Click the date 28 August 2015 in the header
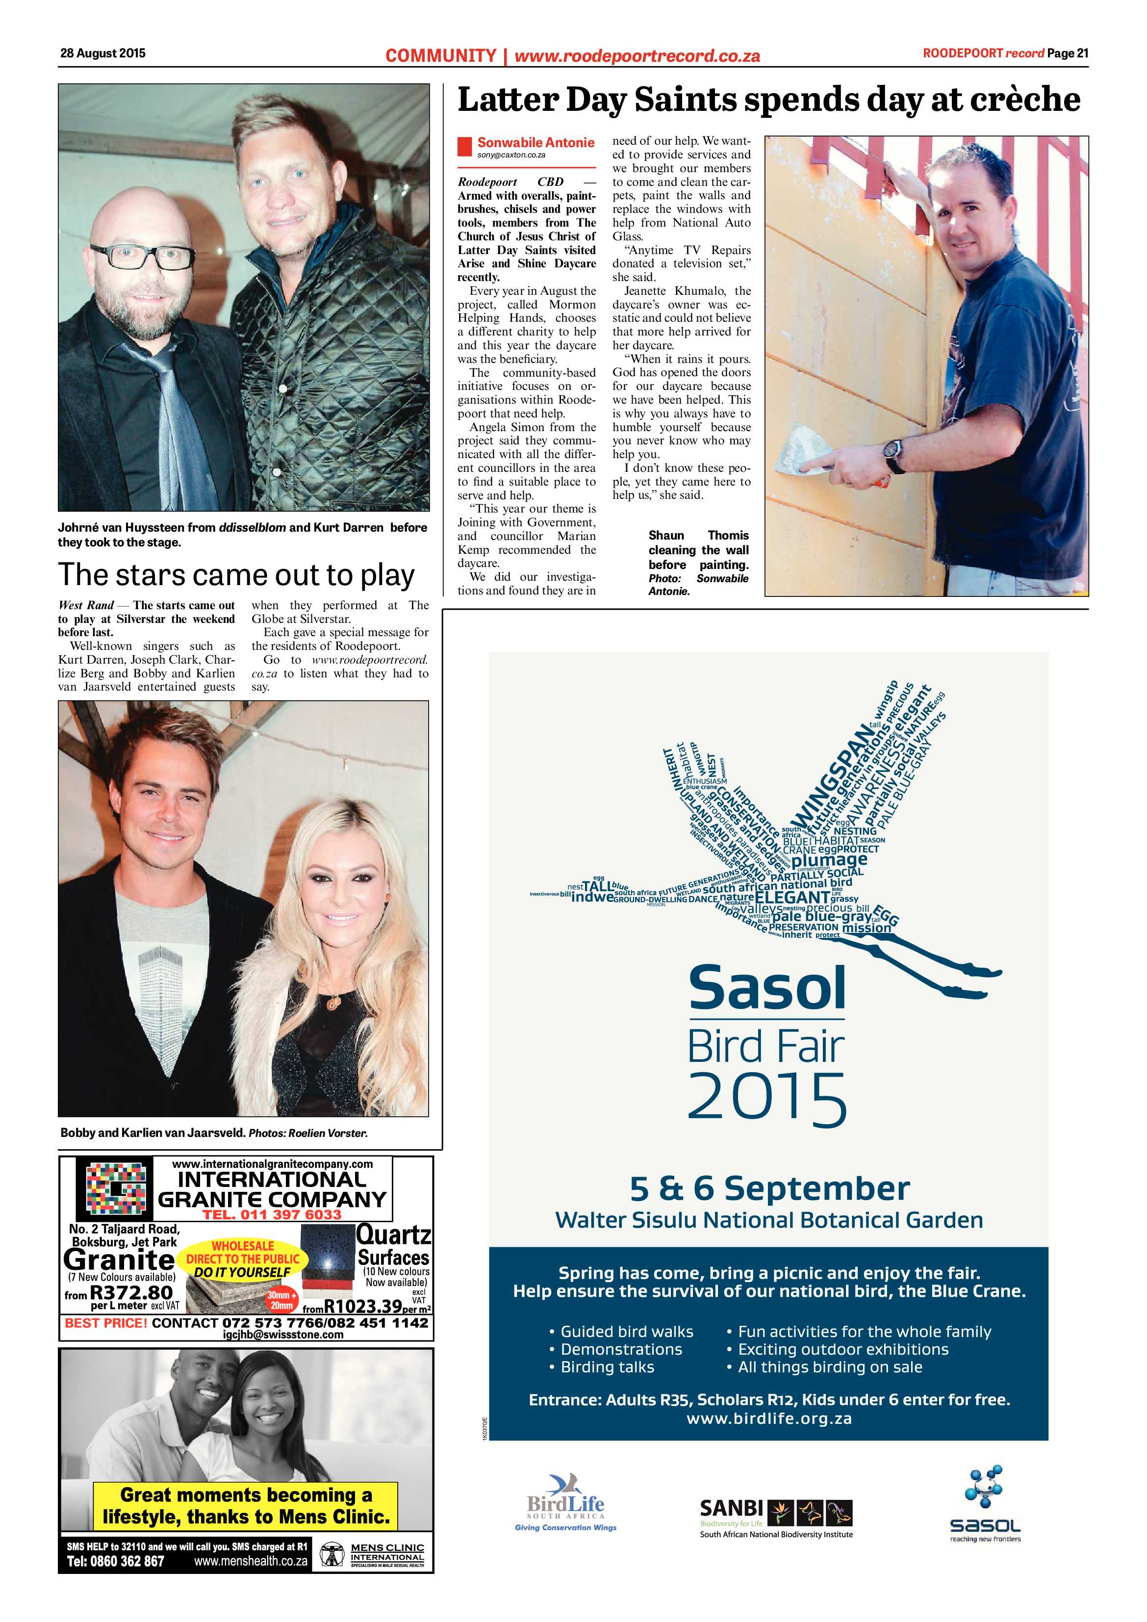click(x=102, y=53)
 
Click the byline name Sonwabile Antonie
click(x=535, y=143)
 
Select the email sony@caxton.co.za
click(x=510, y=154)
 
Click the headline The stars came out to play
click(x=236, y=574)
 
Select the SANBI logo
click(x=775, y=1516)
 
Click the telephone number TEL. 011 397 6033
click(x=272, y=1214)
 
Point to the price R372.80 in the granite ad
click(x=131, y=1293)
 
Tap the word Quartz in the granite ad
click(x=393, y=1236)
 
